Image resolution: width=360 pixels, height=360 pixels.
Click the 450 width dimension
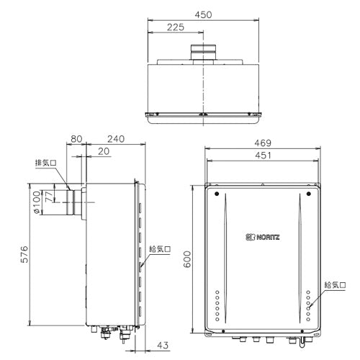tap(203, 15)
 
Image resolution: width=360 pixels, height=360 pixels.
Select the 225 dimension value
tap(176, 27)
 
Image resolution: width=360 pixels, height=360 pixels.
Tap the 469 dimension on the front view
tap(263, 143)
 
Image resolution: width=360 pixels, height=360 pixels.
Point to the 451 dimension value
tap(263, 156)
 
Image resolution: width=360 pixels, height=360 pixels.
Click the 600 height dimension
tap(187, 259)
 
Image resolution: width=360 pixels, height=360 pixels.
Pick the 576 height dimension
tap(24, 254)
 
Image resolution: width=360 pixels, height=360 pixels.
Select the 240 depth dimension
tap(116, 139)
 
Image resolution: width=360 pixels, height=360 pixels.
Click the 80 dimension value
tap(76, 139)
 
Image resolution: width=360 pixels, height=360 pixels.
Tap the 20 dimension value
tap(104, 151)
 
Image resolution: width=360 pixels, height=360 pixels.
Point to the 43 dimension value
tap(163, 346)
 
